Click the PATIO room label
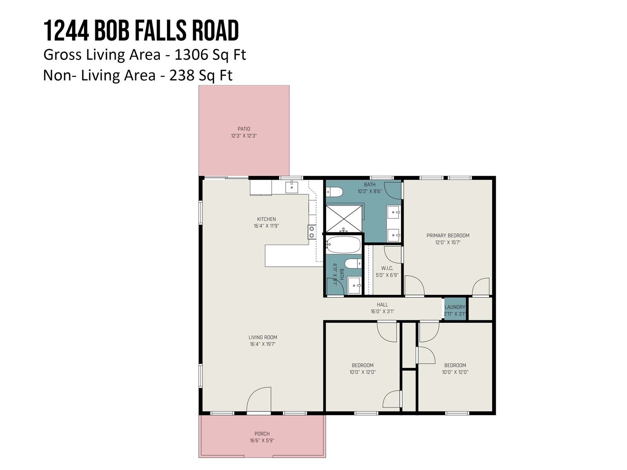244,129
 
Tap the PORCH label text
262,434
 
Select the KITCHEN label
266,219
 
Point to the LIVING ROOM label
263,337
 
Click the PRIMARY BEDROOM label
448,235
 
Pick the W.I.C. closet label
387,268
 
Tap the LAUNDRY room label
455,307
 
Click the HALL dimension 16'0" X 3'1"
382,312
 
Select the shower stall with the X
344,219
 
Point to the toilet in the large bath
334,192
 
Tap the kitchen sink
292,187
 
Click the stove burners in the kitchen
312,232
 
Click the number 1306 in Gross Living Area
191,54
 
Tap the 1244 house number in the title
66,30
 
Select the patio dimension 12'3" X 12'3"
244,136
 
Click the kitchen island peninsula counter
294,256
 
